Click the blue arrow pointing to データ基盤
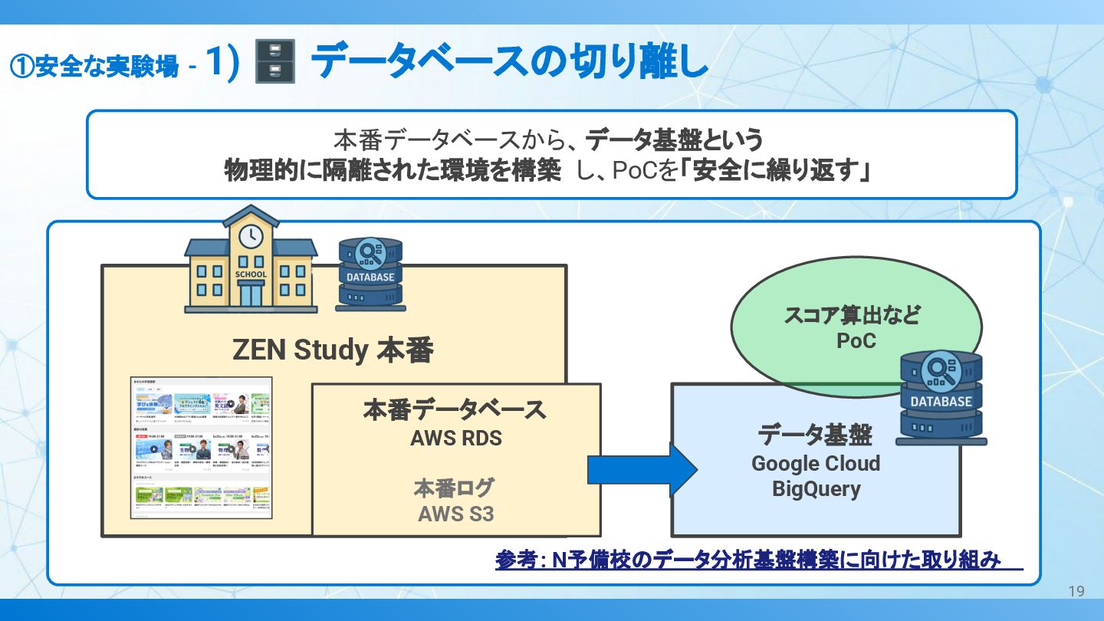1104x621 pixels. tap(641, 469)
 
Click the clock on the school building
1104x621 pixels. tap(251, 236)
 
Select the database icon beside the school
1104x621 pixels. tap(370, 274)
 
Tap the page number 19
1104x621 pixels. tap(1076, 591)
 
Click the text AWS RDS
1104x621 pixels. tap(456, 439)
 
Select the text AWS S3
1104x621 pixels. tap(455, 514)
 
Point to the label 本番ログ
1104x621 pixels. tap(454, 488)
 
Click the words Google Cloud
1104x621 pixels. tap(816, 464)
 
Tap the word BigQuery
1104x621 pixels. tap(816, 489)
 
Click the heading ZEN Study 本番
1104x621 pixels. tap(333, 350)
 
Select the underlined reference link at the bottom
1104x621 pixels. tap(748, 560)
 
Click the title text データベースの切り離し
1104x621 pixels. tap(509, 61)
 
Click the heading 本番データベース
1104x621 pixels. tap(455, 409)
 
